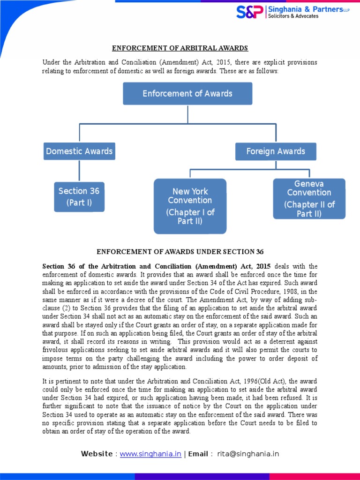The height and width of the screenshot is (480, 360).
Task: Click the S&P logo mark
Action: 250,12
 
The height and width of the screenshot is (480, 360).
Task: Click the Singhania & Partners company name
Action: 305,9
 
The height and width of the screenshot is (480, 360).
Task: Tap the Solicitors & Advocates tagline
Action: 293,16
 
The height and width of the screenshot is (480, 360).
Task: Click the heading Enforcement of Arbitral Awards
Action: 180,48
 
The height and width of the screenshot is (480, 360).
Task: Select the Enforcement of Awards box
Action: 187,94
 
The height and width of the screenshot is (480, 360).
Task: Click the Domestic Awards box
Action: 79,151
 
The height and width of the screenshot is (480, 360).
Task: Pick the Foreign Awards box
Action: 276,151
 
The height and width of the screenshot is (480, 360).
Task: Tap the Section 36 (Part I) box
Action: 79,197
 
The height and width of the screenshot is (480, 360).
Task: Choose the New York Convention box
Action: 190,206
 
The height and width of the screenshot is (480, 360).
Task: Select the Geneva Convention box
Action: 309,199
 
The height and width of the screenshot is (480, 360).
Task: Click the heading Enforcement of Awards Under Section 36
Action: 180,252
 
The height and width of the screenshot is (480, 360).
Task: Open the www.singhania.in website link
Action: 150,454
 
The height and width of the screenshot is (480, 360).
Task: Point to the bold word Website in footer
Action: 97,454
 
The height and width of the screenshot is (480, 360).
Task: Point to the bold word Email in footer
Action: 198,454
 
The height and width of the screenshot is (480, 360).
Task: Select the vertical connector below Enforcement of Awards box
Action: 187,114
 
